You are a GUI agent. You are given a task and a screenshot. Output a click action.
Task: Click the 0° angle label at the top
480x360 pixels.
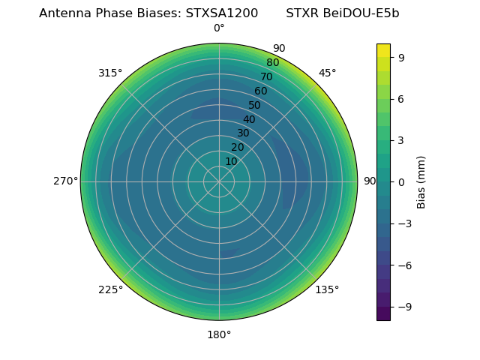(x=219, y=28)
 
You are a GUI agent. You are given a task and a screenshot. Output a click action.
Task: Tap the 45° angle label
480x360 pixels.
(x=327, y=73)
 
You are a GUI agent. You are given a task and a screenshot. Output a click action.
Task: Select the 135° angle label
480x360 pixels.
(x=327, y=289)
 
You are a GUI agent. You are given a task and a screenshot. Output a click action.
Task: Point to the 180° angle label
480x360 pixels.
(x=219, y=334)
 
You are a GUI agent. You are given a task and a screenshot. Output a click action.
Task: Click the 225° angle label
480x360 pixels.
(x=110, y=289)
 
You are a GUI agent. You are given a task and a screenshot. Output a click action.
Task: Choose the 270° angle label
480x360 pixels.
(x=66, y=181)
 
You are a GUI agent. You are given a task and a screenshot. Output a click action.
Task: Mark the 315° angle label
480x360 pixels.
(x=110, y=73)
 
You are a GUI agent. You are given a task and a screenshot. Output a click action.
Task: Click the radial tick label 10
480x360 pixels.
(x=231, y=161)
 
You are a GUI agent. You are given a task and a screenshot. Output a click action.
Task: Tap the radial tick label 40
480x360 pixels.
(x=249, y=119)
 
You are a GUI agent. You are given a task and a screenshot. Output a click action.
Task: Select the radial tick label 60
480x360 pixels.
(x=261, y=91)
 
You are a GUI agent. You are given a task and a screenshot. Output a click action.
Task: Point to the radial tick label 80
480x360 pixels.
(x=273, y=62)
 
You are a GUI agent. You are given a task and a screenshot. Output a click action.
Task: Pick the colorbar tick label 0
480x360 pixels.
(x=402, y=181)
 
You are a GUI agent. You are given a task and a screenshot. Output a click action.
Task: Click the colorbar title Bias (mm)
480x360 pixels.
(x=421, y=181)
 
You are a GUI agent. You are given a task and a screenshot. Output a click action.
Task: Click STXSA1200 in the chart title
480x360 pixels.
(x=222, y=13)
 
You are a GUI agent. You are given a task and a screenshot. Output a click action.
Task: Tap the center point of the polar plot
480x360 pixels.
(x=219, y=181)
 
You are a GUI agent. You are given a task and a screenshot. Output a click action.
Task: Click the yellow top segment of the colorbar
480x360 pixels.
(x=383, y=49)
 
